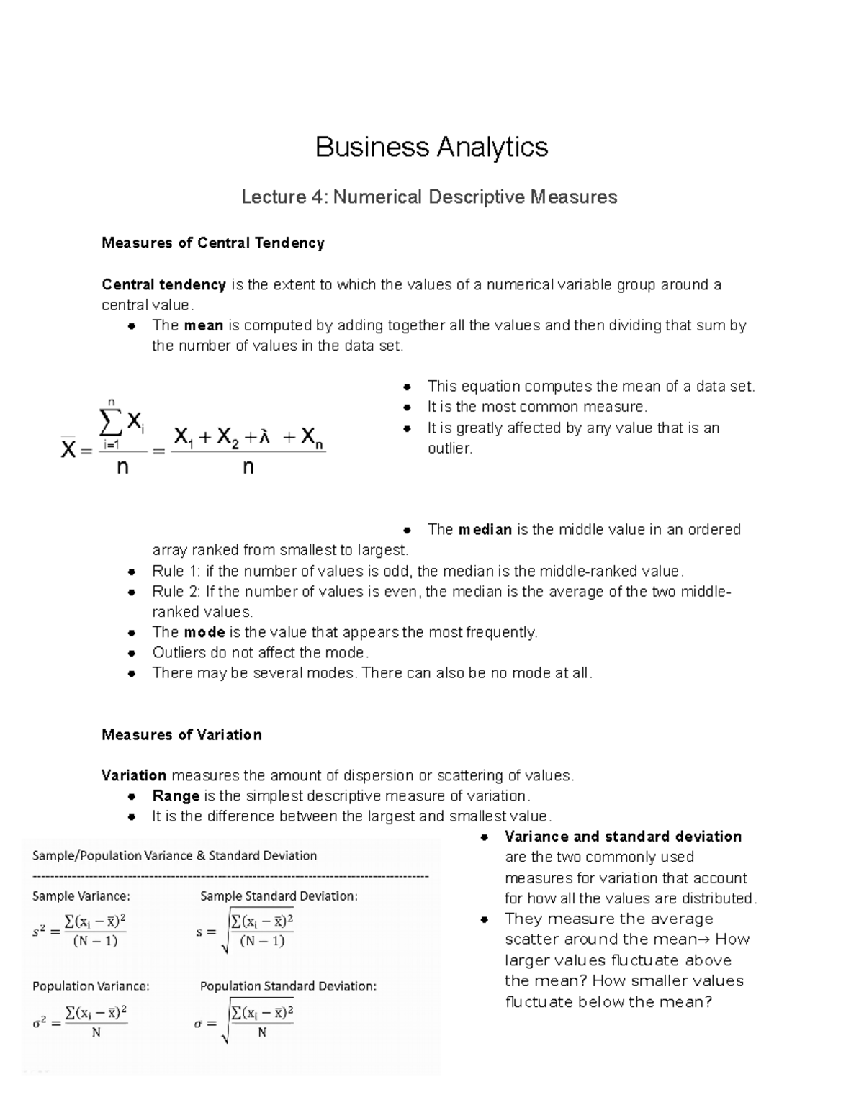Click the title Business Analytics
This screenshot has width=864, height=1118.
coord(431,147)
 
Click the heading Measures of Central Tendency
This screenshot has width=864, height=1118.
coord(213,243)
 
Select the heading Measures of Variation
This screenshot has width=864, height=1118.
coord(181,735)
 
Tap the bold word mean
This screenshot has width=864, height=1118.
coord(203,325)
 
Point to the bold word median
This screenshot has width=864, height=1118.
coord(485,530)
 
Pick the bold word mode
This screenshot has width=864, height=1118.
coord(204,633)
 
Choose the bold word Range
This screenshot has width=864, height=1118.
coord(176,796)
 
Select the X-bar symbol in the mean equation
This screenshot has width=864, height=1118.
coord(68,450)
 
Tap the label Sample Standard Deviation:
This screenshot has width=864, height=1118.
coord(279,896)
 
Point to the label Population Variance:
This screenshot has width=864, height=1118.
coord(91,986)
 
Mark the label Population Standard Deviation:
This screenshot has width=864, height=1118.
coord(288,986)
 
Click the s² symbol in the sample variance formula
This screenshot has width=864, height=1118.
coord(40,932)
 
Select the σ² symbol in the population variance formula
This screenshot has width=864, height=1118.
coord(40,1023)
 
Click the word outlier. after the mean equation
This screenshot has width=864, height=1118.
coord(450,448)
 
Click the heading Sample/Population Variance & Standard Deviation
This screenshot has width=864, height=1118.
coord(174,856)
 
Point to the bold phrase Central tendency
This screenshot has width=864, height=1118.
coord(163,285)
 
